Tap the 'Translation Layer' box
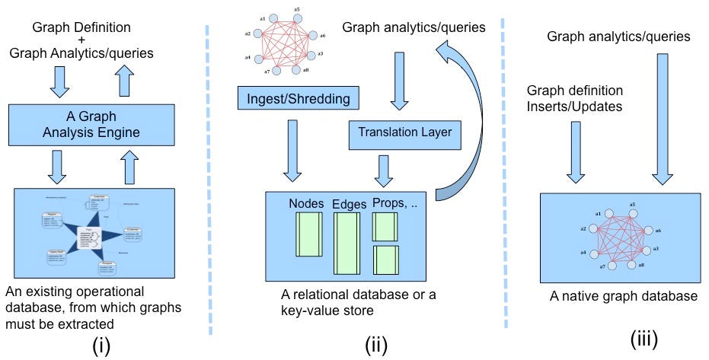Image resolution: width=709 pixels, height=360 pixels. [404, 132]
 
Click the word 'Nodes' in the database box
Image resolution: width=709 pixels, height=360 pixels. [307, 203]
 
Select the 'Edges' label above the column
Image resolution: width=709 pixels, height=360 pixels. [350, 203]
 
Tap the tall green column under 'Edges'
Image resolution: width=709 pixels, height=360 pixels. [347, 242]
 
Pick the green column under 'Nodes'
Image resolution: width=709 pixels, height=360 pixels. [309, 236]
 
